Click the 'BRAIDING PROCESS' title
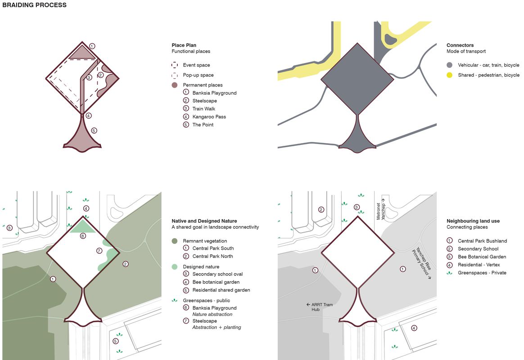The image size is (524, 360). (34, 5)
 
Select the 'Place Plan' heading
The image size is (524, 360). (184, 45)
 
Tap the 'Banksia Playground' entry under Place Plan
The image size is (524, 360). (214, 93)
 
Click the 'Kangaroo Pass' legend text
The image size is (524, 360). (209, 117)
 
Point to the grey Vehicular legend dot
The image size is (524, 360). (449, 65)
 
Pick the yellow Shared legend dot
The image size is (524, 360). (449, 75)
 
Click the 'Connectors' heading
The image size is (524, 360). (460, 45)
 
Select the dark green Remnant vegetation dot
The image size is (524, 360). (175, 241)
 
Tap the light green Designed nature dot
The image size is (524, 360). (175, 267)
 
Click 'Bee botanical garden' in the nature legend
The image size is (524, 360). (216, 282)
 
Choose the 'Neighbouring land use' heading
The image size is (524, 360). (473, 221)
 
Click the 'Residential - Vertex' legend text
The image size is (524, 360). (479, 265)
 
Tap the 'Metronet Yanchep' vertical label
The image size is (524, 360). (381, 209)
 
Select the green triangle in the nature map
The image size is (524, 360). (82, 226)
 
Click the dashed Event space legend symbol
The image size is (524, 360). (175, 65)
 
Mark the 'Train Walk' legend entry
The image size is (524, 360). (203, 109)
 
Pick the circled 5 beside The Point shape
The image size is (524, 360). (94, 130)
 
